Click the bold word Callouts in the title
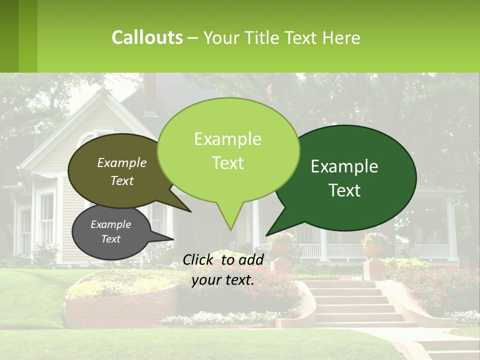pyautogui.click(x=147, y=37)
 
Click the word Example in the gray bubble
pyautogui.click(x=110, y=224)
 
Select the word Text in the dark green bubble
pyautogui.click(x=344, y=190)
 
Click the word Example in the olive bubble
pyautogui.click(x=122, y=162)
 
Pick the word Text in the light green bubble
pyautogui.click(x=228, y=163)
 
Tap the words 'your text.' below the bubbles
pyautogui.click(x=223, y=279)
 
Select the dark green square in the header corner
pyautogui.click(x=9, y=36)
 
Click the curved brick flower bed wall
pyautogui.click(x=120, y=310)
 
